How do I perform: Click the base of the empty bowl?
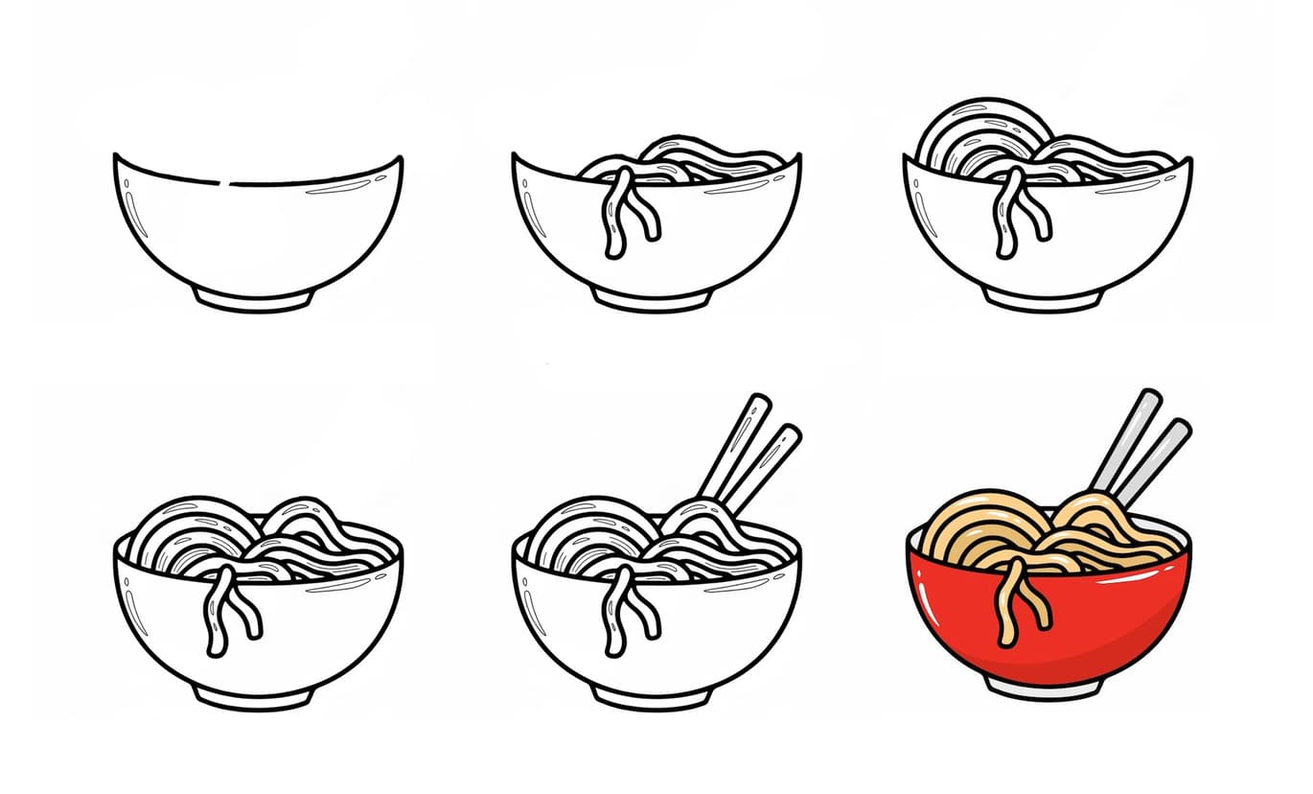[x=254, y=299]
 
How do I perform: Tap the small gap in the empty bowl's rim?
[x=226, y=182]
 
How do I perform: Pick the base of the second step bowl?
[x=652, y=300]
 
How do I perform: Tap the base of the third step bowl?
[x=1045, y=300]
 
